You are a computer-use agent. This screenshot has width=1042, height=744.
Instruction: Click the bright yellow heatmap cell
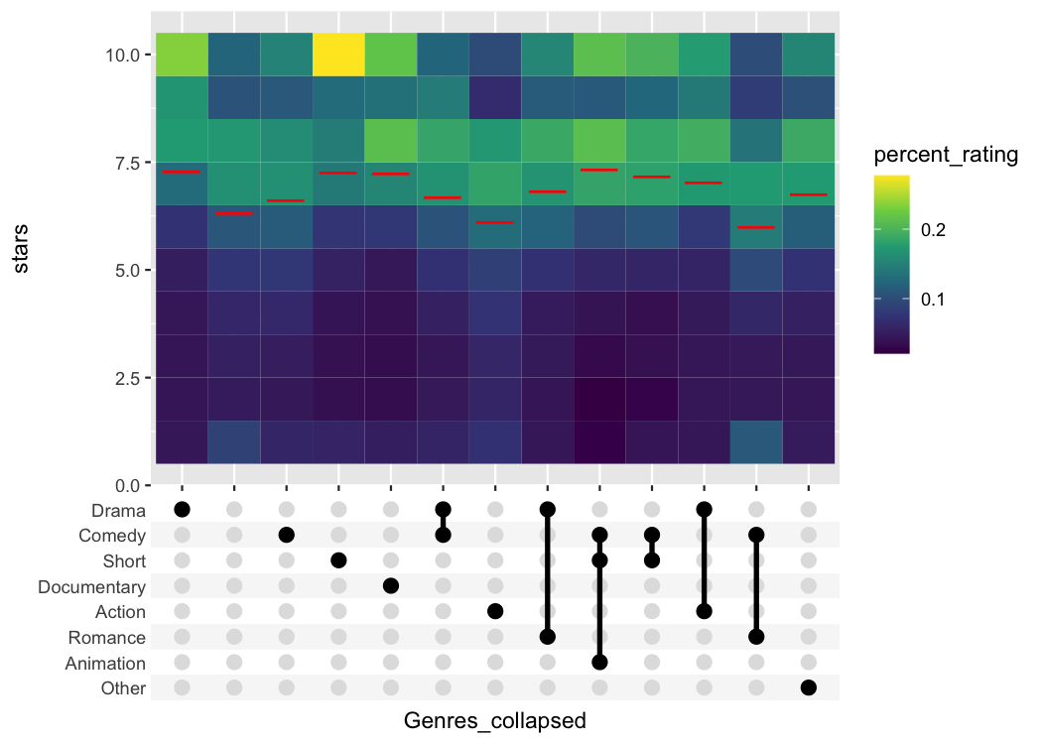pos(338,55)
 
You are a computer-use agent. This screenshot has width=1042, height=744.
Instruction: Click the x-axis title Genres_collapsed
pos(495,721)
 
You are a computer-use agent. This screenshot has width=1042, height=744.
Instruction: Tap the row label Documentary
pos(91,587)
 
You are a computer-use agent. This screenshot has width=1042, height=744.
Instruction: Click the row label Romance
pos(107,638)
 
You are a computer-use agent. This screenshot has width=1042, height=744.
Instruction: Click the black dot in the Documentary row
pos(391,586)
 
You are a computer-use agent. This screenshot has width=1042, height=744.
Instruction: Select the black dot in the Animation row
pos(599,663)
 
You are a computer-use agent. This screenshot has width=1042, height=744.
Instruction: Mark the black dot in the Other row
pos(808,687)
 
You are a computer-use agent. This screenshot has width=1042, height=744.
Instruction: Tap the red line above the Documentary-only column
pos(391,174)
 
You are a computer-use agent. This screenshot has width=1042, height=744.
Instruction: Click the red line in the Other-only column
pos(808,194)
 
